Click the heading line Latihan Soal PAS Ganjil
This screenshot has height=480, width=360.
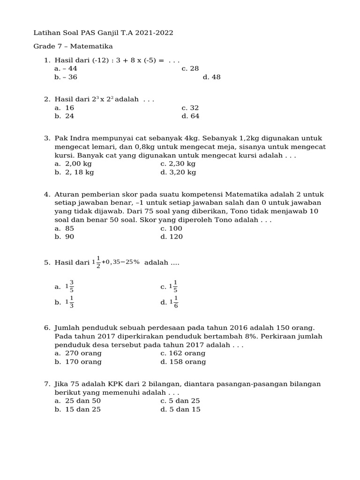coord(103,33)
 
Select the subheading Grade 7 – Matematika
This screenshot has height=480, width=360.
coord(73,46)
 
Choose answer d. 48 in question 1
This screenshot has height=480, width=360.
coord(211,77)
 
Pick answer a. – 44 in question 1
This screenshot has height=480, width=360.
coord(66,68)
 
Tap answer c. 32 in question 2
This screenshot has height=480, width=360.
coord(190,108)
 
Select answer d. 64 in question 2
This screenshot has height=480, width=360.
coord(190,116)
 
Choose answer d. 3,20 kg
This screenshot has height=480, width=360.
coord(178,172)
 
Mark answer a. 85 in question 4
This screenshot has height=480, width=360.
coord(64,228)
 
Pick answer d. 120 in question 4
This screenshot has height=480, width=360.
coord(172,237)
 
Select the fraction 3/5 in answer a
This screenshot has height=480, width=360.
coord(72,286)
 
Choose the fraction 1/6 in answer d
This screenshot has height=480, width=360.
coord(176,302)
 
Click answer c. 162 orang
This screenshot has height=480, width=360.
coord(183,353)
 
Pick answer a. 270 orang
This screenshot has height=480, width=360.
coord(78,353)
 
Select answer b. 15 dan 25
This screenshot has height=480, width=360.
coord(77,409)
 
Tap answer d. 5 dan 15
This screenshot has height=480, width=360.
coord(180,409)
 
